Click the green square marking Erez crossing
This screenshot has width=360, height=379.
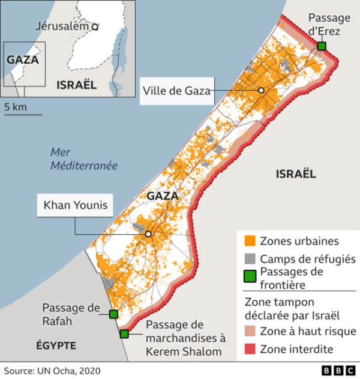click(322, 46)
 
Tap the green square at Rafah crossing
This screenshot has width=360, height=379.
click(113, 314)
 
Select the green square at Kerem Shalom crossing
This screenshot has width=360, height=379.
click(124, 334)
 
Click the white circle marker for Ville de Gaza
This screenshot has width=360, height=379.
click(262, 90)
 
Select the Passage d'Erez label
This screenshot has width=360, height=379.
click(329, 25)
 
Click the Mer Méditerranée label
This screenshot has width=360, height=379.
click(83, 159)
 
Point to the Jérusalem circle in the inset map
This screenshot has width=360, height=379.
click(95, 26)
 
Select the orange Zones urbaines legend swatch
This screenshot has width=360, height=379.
click(250, 241)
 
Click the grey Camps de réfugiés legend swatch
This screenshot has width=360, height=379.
click(250, 259)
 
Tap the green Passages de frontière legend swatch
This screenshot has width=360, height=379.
click(250, 277)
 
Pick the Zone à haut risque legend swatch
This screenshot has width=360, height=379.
click(250, 332)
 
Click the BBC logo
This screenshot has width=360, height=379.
click(338, 370)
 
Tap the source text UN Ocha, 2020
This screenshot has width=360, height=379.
click(52, 370)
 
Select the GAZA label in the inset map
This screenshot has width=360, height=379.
click(23, 59)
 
